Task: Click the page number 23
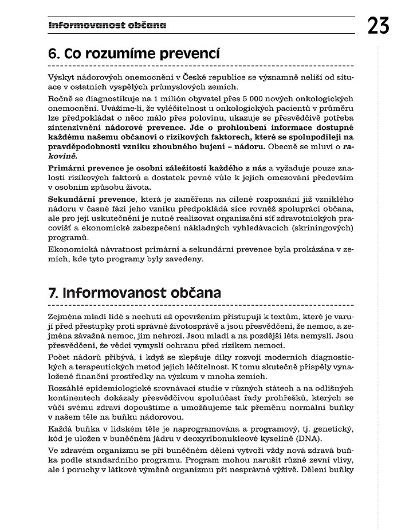379,26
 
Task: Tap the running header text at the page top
107,25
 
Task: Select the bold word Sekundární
72,200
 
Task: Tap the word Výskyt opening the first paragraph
62,77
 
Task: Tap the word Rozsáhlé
67,389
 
